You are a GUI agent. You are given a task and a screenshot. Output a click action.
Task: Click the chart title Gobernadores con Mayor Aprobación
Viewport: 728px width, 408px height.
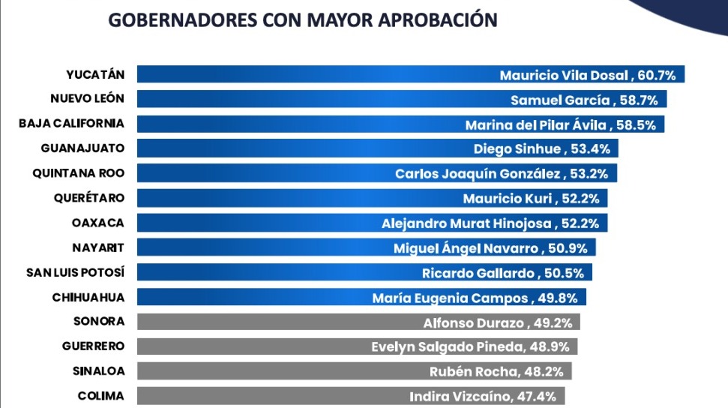303,20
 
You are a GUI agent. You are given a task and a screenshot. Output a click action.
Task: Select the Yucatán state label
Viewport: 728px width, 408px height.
95,74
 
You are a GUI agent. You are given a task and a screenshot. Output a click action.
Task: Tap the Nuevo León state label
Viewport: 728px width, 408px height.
87,99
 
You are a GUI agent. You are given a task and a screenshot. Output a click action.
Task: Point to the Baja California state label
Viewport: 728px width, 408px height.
72,124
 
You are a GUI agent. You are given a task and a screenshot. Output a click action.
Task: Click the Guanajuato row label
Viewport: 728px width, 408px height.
84,148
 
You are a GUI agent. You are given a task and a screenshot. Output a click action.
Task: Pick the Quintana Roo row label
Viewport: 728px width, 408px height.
79,173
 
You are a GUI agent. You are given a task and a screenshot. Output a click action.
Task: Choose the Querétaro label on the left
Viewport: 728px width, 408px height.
89,198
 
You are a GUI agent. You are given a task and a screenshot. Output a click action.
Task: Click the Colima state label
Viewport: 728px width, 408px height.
101,396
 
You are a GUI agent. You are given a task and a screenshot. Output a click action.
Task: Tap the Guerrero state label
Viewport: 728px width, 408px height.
94,346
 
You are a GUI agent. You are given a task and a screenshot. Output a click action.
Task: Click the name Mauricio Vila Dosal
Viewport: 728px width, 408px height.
566,75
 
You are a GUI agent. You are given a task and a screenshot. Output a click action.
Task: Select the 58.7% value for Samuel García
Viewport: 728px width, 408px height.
643,100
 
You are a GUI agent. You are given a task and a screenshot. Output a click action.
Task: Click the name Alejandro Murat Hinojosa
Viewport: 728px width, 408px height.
467,223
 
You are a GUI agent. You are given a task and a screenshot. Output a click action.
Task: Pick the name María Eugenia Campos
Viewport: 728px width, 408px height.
450,298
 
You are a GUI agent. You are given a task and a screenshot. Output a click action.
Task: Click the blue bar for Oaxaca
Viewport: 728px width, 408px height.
255,223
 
